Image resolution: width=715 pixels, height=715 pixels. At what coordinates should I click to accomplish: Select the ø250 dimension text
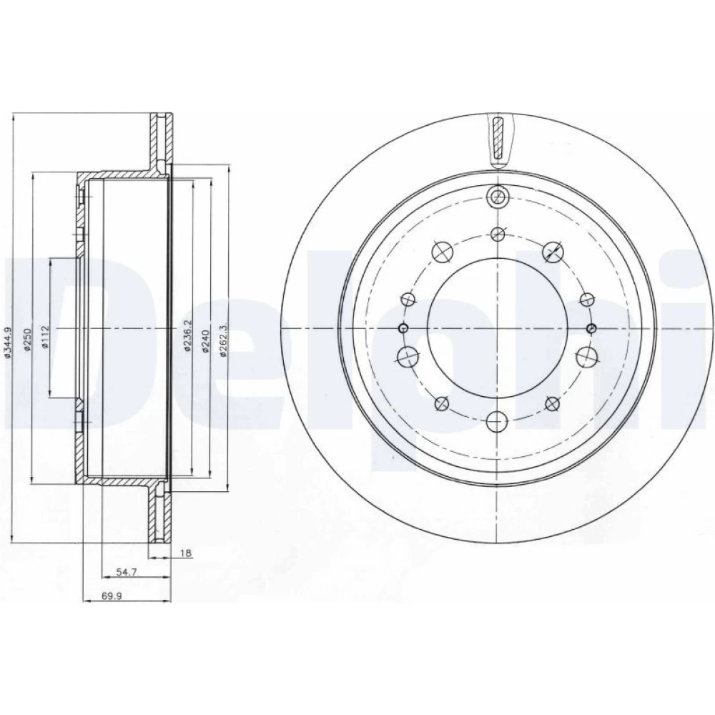(x=27, y=340)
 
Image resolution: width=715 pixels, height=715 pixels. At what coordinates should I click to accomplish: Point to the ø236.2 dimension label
(x=186, y=335)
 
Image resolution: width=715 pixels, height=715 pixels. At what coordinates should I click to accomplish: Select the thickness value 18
(x=186, y=553)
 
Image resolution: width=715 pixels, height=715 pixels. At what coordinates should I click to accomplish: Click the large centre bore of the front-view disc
(x=497, y=328)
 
